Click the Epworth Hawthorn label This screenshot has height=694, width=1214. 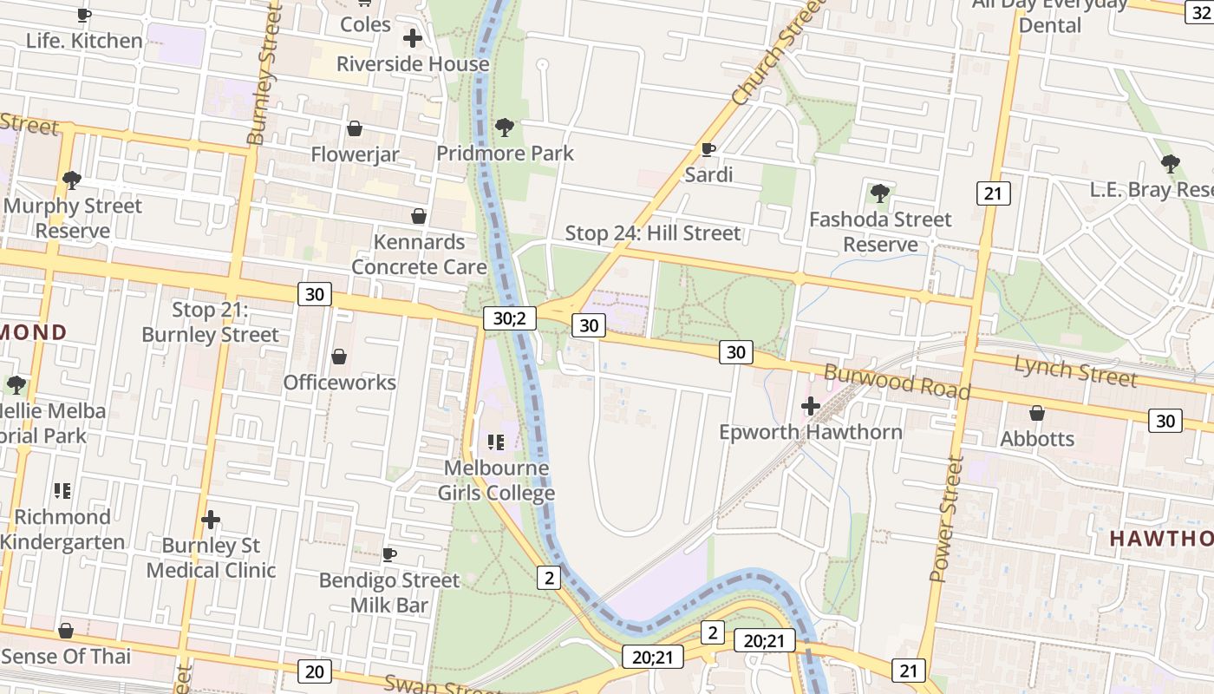pos(810,432)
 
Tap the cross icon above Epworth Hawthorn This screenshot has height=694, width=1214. pos(811,406)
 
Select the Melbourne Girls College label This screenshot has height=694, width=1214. pos(496,481)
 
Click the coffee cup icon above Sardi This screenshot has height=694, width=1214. pos(708,149)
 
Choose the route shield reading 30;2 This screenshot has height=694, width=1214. pos(509,318)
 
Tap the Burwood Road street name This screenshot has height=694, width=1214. pos(897,382)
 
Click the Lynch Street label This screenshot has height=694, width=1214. pos(1075,371)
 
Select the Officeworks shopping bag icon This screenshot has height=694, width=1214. pos(339,357)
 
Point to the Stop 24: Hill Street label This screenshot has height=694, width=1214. pos(653,233)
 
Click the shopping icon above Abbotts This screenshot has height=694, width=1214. pos(1037,413)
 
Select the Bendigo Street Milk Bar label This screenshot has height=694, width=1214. pos(389,592)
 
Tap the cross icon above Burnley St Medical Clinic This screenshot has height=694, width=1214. pos(211,520)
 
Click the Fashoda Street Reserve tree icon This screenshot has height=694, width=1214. pos(880,193)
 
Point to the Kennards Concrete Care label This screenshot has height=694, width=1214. pos(419,254)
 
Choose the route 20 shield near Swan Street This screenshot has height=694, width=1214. pos(314,671)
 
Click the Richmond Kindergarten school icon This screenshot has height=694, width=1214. pos(62,491)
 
